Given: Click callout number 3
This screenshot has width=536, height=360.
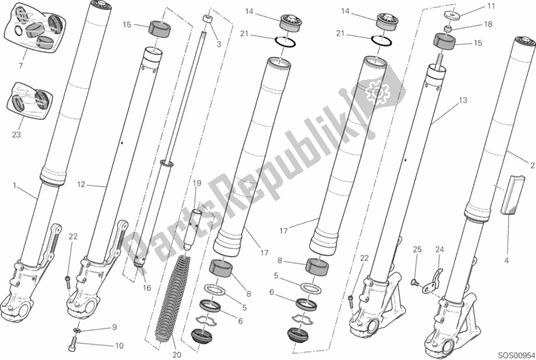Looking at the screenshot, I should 218,44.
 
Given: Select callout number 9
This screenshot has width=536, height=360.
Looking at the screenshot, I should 114,328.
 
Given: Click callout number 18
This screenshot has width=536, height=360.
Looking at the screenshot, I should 488,24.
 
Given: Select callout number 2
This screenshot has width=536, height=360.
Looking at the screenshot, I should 531,165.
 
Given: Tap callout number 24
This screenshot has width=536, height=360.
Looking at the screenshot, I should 440,251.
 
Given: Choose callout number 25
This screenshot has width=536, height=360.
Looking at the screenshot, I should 416,251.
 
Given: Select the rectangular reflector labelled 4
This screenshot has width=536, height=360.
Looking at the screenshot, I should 509,195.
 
